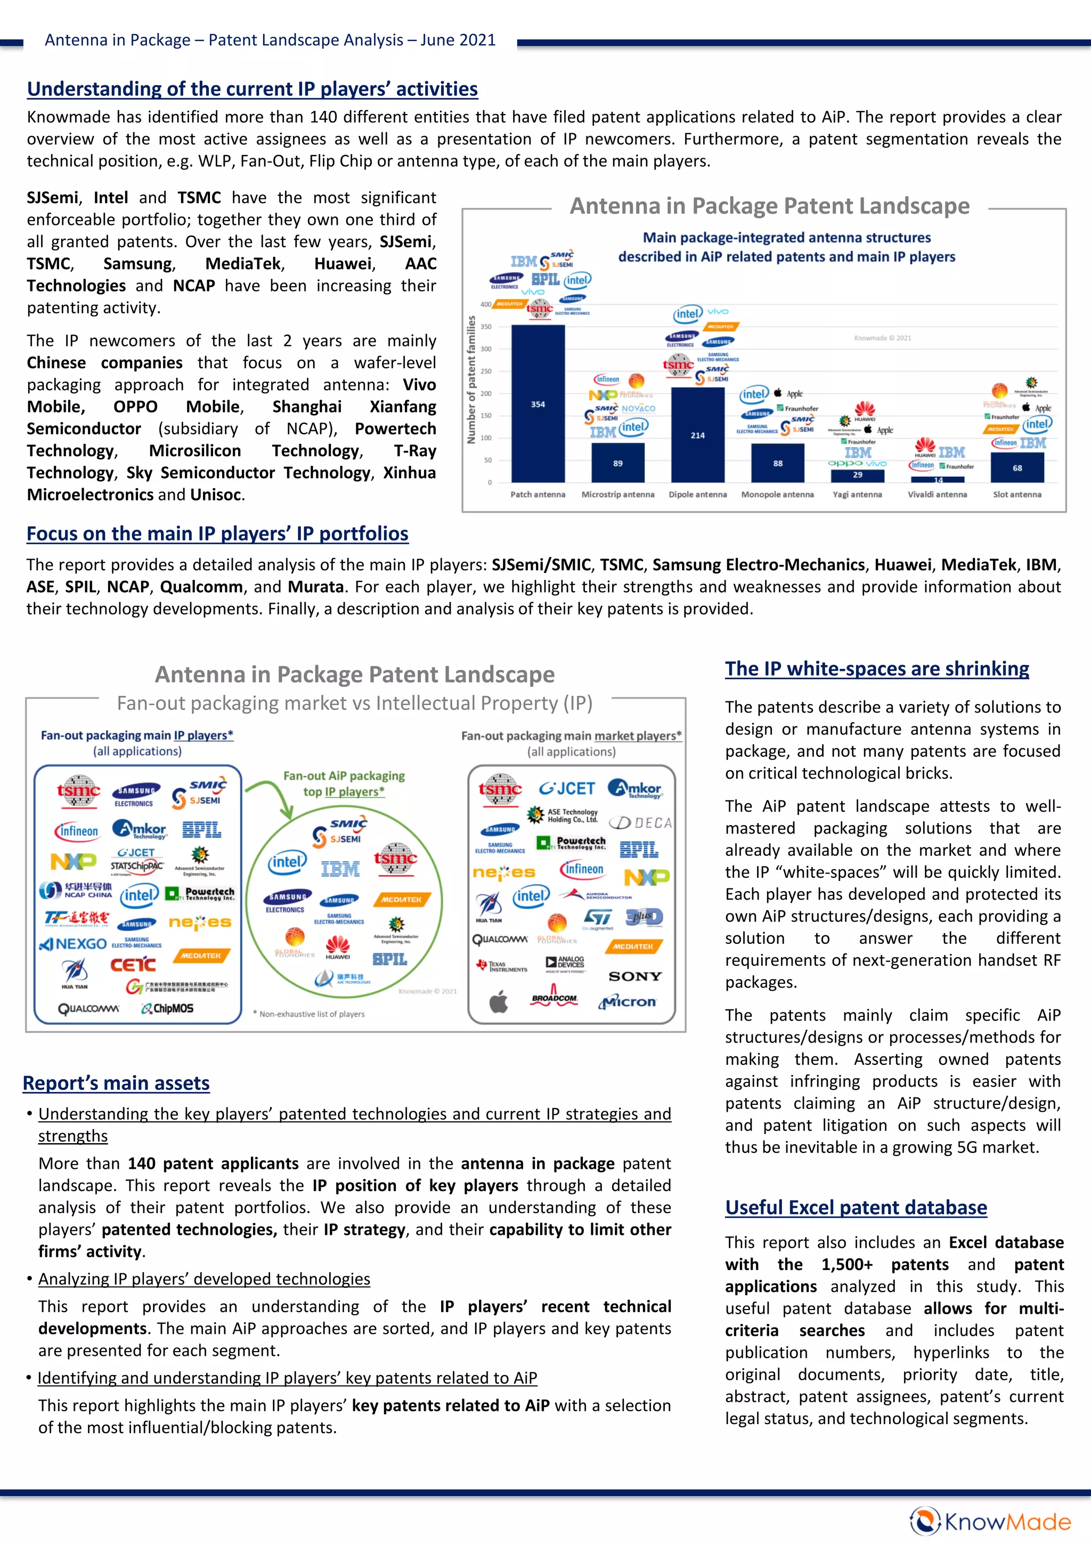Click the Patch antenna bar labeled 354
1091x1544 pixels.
click(x=538, y=403)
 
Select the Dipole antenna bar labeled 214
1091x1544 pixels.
click(x=698, y=435)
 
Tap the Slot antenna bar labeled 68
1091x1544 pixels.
click(x=1017, y=467)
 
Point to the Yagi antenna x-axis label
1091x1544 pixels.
click(x=857, y=494)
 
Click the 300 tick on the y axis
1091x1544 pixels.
click(x=485, y=349)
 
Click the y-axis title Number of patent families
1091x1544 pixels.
click(x=471, y=380)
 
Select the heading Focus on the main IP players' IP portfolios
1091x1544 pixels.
click(x=217, y=533)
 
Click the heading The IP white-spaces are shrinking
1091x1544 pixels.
click(x=876, y=668)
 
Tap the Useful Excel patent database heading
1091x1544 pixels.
click(x=856, y=1207)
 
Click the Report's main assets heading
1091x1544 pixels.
click(x=116, y=1082)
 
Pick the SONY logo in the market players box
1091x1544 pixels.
click(x=634, y=976)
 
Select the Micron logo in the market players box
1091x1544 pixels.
click(x=627, y=1002)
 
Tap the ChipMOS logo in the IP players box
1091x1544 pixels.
click(x=167, y=1008)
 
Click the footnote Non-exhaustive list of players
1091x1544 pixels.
click(x=309, y=1013)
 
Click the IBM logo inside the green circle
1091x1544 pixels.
click(x=340, y=869)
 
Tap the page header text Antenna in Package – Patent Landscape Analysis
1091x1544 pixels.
click(x=270, y=41)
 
